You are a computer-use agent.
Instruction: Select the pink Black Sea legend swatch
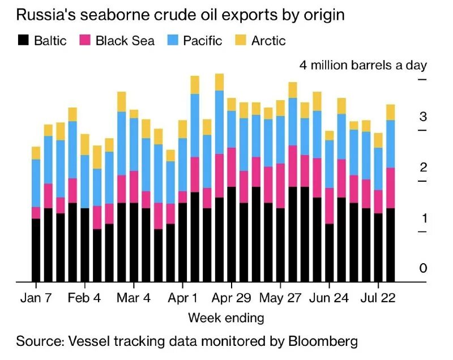point(85,40)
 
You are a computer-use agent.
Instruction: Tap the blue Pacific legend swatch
point(172,40)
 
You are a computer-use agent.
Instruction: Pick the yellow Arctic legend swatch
point(242,40)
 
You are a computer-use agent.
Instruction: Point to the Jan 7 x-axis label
point(36,298)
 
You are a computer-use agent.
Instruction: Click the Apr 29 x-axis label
point(232,298)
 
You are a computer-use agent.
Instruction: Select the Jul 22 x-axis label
point(378,298)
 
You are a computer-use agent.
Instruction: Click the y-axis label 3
point(422,118)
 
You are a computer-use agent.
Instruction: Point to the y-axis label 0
point(422,268)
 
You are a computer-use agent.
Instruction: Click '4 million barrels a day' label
point(363,65)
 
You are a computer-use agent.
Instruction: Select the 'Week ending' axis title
point(226,318)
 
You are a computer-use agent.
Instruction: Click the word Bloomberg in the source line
point(323,341)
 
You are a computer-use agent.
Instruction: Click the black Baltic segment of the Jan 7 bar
point(36,250)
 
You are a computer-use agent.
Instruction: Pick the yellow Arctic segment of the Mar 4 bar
point(134,114)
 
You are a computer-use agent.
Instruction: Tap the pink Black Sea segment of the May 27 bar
point(293,166)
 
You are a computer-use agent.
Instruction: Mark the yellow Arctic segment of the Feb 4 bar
point(85,144)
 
